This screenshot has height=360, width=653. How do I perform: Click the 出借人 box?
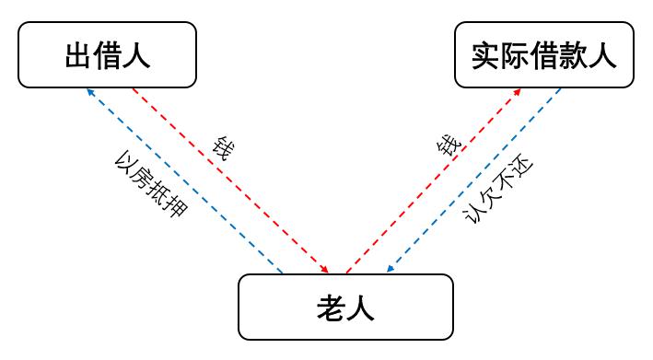click(x=107, y=54)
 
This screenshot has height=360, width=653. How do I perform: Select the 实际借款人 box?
click(x=544, y=54)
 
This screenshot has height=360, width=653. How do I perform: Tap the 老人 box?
click(x=345, y=307)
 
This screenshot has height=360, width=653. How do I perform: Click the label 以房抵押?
click(x=151, y=184)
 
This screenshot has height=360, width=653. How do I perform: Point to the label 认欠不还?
click(x=498, y=190)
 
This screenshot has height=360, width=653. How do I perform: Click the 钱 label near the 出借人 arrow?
click(x=223, y=147)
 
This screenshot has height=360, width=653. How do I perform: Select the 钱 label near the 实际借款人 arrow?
click(x=449, y=145)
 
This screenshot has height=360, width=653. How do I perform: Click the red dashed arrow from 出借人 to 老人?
click(x=230, y=180)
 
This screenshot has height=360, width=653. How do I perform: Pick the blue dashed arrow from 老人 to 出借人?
click(x=184, y=180)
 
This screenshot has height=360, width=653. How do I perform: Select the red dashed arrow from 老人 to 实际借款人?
click(x=434, y=180)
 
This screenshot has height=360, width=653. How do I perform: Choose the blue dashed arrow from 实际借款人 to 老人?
click(x=474, y=180)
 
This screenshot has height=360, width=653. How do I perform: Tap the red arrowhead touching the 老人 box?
click(x=324, y=269)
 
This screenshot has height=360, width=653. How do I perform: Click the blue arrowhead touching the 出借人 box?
click(x=91, y=92)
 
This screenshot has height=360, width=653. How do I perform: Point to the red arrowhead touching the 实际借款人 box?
click(x=517, y=92)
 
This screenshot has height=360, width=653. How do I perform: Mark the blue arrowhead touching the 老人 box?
click(x=391, y=269)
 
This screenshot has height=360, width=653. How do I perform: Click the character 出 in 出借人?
click(x=78, y=55)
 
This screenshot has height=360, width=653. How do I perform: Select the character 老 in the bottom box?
click(x=331, y=308)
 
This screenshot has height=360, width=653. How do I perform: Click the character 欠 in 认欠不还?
click(x=489, y=198)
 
